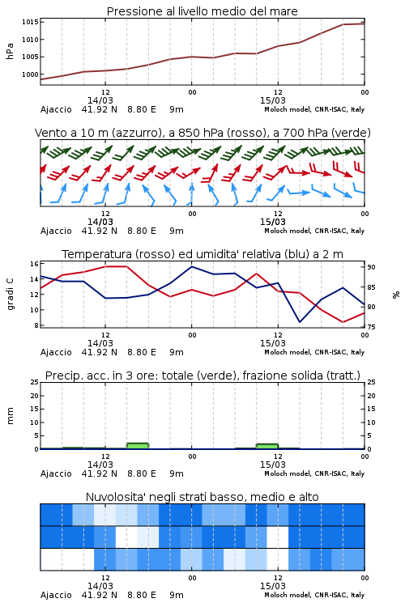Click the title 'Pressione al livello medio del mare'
[202, 11]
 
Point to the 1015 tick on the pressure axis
[30, 22]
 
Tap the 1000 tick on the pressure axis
[30, 74]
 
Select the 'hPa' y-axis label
[10, 52]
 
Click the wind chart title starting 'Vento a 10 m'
[202, 133]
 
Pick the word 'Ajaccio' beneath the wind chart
[56, 231]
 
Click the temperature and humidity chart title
[202, 254]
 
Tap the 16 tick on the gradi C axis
[34, 264]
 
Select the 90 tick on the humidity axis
[371, 267]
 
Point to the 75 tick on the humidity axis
[371, 327]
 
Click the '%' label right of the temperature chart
[396, 295]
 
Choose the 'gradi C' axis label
[10, 295]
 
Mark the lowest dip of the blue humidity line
[300, 321]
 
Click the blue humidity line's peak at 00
[191, 266]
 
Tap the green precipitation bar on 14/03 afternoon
[138, 446]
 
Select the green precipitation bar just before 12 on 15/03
[267, 446]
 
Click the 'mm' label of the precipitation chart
[10, 416]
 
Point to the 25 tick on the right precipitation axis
[371, 382]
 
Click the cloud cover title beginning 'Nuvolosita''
[202, 497]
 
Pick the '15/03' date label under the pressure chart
[272, 100]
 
